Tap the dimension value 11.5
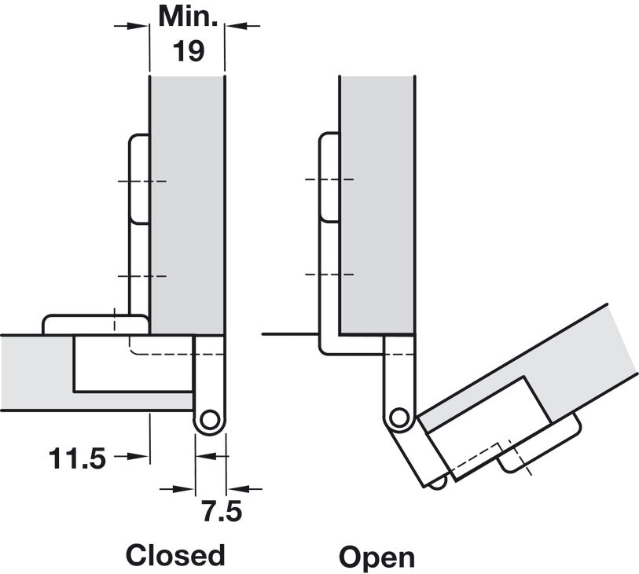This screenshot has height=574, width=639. click(x=77, y=458)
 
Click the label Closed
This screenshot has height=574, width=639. click(x=176, y=555)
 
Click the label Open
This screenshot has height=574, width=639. click(x=376, y=557)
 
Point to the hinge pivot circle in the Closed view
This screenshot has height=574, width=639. click(x=209, y=421)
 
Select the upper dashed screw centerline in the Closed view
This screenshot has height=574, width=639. click(x=142, y=182)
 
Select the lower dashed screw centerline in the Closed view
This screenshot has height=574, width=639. click(x=142, y=276)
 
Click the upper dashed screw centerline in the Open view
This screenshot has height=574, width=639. click(x=329, y=180)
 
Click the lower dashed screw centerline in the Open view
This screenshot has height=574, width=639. click(x=329, y=274)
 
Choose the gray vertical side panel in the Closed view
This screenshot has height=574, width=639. click(x=187, y=197)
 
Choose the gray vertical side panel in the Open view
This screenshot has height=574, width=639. click(x=376, y=197)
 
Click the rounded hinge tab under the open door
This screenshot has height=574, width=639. click(x=541, y=448)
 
